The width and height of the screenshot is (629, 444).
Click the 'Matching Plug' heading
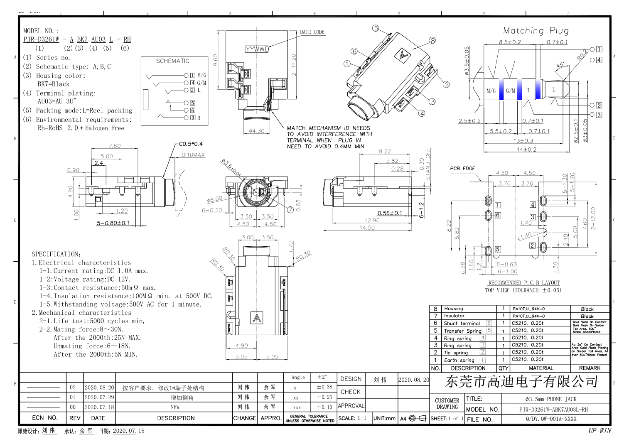[x=536, y=31]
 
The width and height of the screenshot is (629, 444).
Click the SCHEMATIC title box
[x=173, y=61]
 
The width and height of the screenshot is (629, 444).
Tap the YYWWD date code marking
[x=257, y=49]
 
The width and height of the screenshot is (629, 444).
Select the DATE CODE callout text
[x=312, y=32]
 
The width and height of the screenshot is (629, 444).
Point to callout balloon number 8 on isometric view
[x=432, y=40]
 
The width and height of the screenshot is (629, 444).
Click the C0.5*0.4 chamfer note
[x=191, y=144]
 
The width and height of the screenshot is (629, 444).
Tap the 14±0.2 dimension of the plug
[x=526, y=150]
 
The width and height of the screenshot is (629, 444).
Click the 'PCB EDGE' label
[x=462, y=169]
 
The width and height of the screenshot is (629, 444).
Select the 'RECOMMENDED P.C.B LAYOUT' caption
[x=524, y=283]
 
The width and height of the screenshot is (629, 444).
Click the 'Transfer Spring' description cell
[x=462, y=331]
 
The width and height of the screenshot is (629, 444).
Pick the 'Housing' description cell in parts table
[x=454, y=309]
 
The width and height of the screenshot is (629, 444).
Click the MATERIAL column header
[x=541, y=368]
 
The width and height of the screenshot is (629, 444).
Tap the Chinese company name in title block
[x=521, y=381]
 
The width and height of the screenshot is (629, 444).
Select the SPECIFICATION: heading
[x=57, y=254]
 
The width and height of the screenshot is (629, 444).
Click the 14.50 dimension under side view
[x=367, y=228]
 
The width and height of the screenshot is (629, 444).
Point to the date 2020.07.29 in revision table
[x=99, y=397]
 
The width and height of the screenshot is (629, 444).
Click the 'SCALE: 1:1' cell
[x=352, y=418]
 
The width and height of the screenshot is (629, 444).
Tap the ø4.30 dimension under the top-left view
[x=256, y=131]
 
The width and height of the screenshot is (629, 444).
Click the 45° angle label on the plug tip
[x=560, y=65]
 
